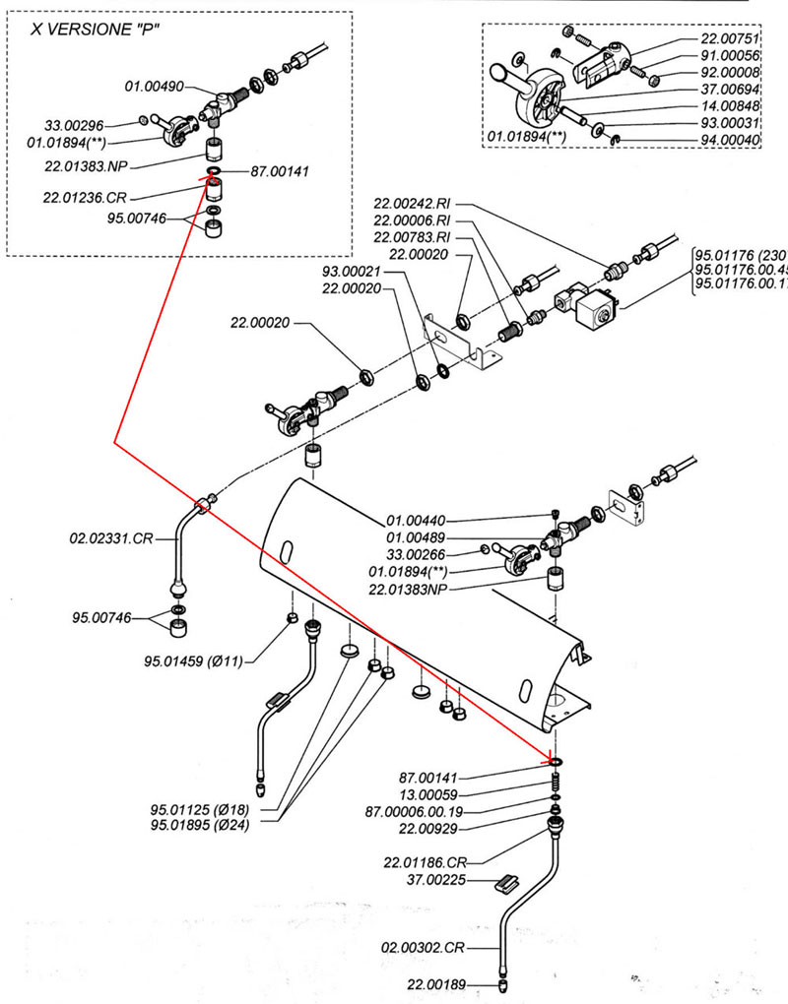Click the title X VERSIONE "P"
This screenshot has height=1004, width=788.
point(95,29)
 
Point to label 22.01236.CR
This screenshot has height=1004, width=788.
point(85,196)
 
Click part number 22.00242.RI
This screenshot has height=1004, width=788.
point(415,205)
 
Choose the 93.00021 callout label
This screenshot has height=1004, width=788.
point(352,271)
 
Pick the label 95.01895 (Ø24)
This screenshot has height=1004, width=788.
point(200,825)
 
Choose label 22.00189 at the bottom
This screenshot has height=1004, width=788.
point(437,983)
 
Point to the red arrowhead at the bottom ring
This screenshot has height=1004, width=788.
point(552,758)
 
